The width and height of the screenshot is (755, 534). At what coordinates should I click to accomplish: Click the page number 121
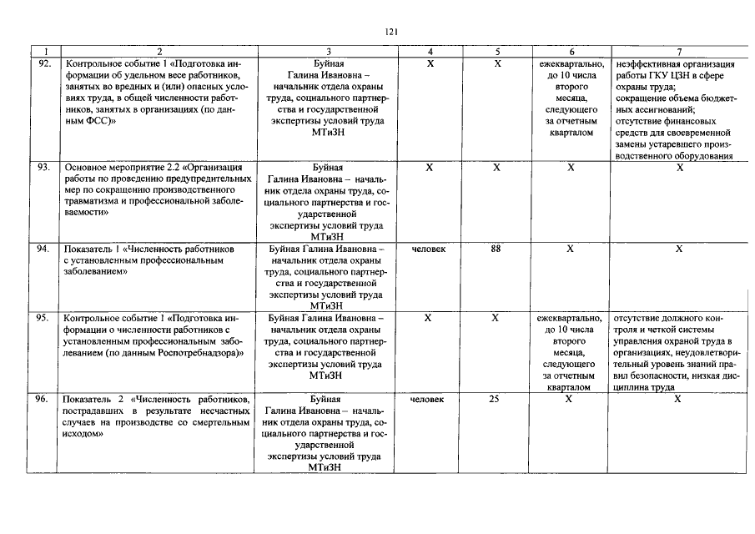[391, 31]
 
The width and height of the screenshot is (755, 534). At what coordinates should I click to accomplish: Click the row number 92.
[45, 63]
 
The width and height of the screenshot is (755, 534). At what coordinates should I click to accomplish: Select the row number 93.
[45, 168]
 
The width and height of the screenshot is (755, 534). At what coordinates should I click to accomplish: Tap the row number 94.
[45, 249]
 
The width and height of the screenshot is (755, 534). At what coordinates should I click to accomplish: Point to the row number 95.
[45, 318]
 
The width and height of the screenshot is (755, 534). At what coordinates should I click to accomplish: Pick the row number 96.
[45, 400]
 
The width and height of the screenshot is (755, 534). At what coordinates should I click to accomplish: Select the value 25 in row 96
[495, 400]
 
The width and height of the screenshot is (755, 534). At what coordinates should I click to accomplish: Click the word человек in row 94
[428, 249]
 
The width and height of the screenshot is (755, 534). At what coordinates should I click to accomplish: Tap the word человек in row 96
[428, 400]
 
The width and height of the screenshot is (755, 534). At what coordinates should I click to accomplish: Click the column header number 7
[679, 52]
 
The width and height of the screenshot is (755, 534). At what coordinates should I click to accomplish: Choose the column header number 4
[429, 52]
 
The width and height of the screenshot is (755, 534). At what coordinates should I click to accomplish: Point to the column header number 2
[159, 52]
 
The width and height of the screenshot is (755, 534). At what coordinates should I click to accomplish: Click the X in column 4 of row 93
[429, 168]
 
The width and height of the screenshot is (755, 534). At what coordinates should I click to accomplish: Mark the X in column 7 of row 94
[679, 249]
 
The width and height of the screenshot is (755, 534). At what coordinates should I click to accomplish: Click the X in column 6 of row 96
[571, 400]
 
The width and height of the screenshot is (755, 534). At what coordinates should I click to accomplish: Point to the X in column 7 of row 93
[679, 168]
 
